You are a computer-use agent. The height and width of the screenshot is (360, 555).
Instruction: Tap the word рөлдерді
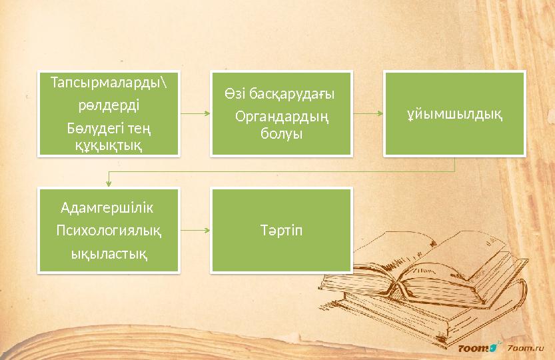(x=109, y=105)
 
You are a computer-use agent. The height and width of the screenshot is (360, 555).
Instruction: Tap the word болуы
(x=282, y=133)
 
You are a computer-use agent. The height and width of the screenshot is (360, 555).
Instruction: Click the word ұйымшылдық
(x=454, y=114)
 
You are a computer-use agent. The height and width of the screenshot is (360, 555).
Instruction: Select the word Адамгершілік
(x=107, y=207)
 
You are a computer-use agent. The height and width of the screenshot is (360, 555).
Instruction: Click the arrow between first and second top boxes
(x=196, y=114)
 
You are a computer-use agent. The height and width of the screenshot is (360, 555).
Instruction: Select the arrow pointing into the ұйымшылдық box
(x=368, y=114)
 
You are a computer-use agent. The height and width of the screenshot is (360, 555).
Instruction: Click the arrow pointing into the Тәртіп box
(x=195, y=231)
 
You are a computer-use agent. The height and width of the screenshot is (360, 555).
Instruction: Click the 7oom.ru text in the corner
(x=526, y=348)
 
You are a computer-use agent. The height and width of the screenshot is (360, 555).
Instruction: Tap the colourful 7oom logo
(x=477, y=348)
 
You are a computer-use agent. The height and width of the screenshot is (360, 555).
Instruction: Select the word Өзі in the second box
(x=234, y=95)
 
